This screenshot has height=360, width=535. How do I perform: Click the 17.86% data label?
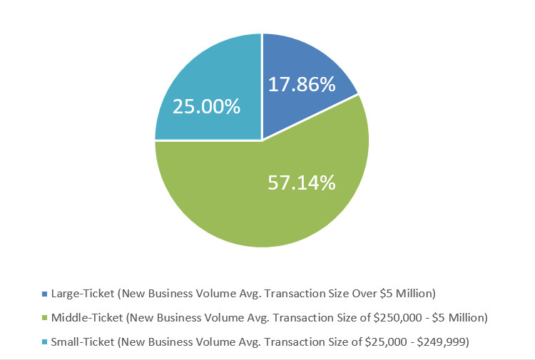[302, 85]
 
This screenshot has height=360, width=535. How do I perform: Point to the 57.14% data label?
[302, 182]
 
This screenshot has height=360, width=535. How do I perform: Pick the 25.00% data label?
[207, 107]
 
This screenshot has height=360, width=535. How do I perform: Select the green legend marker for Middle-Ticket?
[45, 318]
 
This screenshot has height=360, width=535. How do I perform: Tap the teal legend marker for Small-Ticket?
[45, 342]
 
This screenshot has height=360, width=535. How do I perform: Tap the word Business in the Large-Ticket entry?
[173, 293]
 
